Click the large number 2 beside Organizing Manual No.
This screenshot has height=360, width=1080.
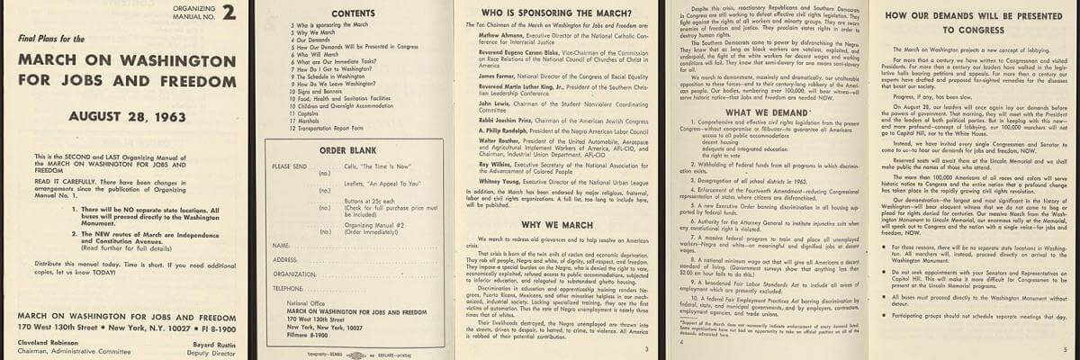coord(229,13)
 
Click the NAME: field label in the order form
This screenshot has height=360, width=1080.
coord(280,245)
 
